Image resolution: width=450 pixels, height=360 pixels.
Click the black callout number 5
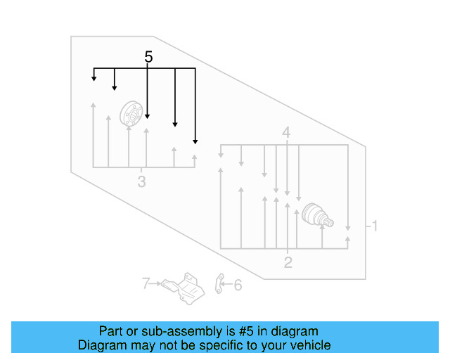click(x=148, y=56)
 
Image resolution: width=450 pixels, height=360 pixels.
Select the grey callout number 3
click(x=141, y=181)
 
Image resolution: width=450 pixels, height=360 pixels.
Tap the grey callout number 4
click(x=286, y=133)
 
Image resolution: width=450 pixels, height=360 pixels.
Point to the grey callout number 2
click(x=288, y=262)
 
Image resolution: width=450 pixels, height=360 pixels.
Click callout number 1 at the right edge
click(x=374, y=226)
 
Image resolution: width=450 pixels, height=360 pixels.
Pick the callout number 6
click(x=238, y=285)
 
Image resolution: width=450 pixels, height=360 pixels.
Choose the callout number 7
click(x=146, y=283)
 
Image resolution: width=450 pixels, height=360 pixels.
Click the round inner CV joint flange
click(x=131, y=113)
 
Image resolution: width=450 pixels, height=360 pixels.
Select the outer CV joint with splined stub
click(x=317, y=216)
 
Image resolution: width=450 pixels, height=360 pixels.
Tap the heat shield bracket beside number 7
click(x=184, y=288)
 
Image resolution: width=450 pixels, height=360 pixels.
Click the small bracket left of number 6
click(x=219, y=284)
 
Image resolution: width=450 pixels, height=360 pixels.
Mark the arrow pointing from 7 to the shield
click(x=155, y=283)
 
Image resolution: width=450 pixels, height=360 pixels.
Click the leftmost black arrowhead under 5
click(x=94, y=79)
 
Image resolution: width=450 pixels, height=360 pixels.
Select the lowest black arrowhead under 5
click(x=195, y=142)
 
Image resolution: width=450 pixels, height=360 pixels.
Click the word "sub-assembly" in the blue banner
click(x=182, y=332)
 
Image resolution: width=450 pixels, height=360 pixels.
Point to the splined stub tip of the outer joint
click(x=330, y=222)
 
